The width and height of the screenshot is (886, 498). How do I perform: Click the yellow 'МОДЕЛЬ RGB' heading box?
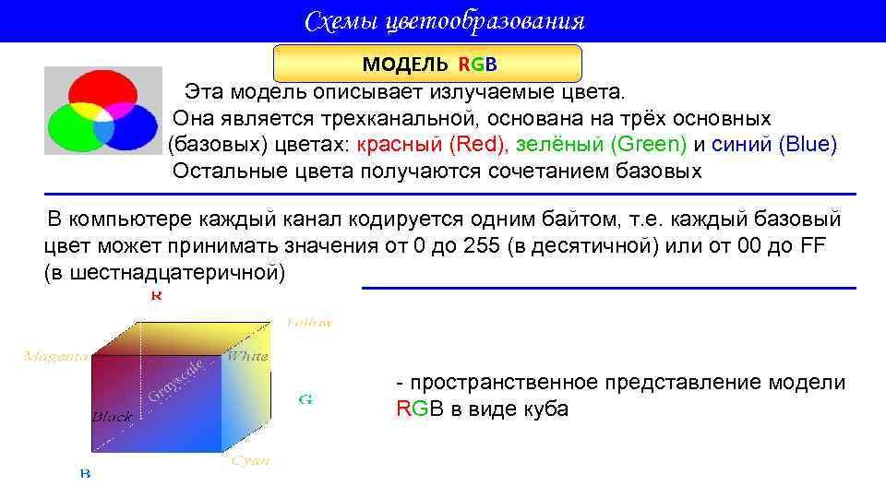(x=428, y=64)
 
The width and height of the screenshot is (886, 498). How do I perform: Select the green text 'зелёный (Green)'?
(x=601, y=145)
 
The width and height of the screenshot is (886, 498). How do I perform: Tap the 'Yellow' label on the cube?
(x=308, y=323)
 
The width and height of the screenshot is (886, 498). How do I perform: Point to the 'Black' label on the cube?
(x=112, y=417)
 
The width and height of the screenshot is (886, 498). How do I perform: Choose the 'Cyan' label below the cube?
(x=250, y=460)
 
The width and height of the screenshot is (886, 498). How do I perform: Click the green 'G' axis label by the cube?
(x=305, y=399)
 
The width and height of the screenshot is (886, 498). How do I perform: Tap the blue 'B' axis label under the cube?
(x=85, y=473)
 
